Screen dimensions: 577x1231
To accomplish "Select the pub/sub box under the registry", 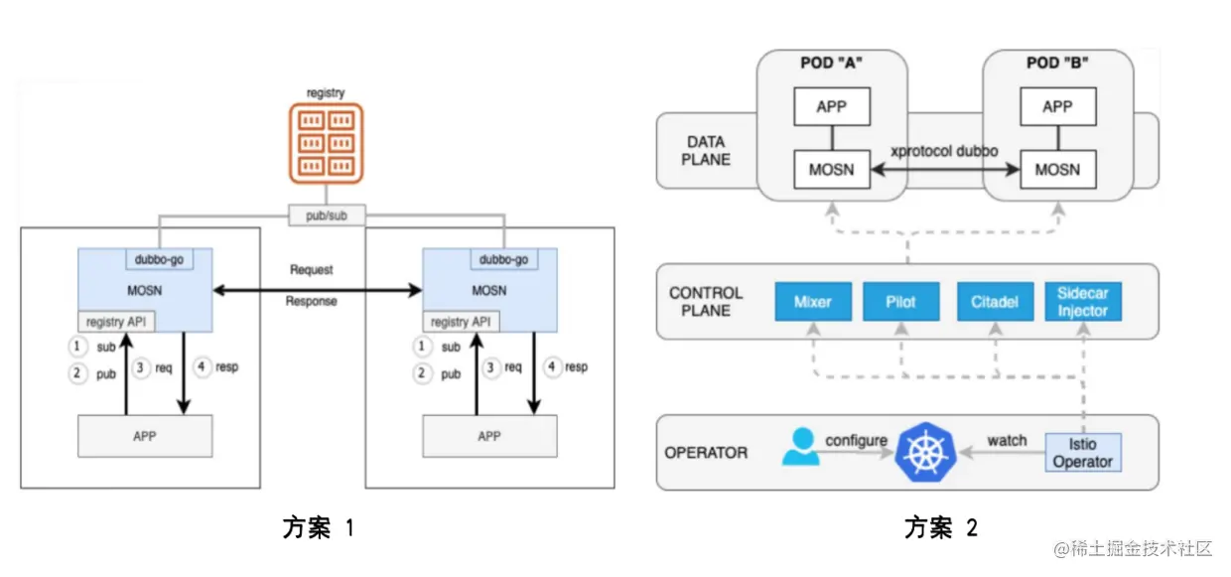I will click(x=326, y=214).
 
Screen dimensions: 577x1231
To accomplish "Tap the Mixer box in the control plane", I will click(x=813, y=302).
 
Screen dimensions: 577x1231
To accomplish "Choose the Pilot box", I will click(x=900, y=302).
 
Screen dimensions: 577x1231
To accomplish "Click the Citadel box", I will click(x=994, y=302).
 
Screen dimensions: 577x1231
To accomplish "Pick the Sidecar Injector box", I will click(x=1082, y=302).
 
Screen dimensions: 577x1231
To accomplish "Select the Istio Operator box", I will click(x=1083, y=453).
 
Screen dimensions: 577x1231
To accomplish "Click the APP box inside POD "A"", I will click(x=831, y=106).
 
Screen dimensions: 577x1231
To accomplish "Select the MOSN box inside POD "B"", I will click(x=1057, y=169).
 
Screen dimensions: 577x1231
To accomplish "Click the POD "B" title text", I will click(x=1057, y=63).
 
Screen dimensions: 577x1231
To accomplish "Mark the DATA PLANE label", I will click(x=706, y=151).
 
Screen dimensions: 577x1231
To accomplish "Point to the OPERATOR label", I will click(x=705, y=453).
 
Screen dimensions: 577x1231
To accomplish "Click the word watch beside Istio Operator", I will click(x=1007, y=440).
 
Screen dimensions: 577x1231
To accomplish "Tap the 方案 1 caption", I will click(x=318, y=528).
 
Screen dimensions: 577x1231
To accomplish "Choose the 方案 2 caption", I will click(x=940, y=528).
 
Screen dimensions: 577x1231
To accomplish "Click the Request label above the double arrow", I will click(x=312, y=269).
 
